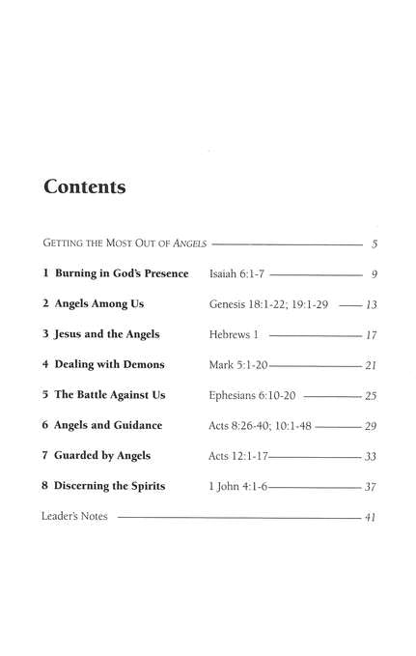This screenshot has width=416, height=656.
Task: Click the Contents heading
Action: tap(85, 187)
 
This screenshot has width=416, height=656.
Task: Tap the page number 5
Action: tap(374, 243)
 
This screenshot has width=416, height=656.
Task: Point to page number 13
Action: tap(370, 304)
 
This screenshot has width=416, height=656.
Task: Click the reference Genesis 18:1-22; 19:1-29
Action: tap(268, 304)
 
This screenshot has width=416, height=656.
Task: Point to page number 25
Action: tap(370, 395)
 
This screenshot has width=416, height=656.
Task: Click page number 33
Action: tap(370, 456)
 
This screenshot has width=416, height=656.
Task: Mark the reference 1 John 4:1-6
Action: tap(238, 486)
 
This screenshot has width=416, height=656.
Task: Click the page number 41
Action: tap(370, 518)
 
